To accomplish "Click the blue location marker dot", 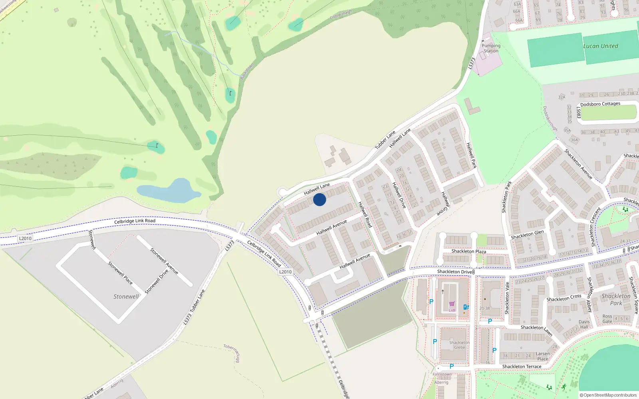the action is pyautogui.click(x=319, y=199).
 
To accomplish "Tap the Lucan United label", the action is pyautogui.click(x=600, y=46).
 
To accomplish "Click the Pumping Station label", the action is pyautogui.click(x=491, y=48).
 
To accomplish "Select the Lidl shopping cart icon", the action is pyautogui.click(x=452, y=304).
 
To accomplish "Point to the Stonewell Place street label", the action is pyautogui.click(x=120, y=273).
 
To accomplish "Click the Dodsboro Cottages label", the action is pyautogui.click(x=600, y=104).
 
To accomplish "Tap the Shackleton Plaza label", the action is pyautogui.click(x=468, y=251).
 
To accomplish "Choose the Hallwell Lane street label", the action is pyautogui.click(x=317, y=189).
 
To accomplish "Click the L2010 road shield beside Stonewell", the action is pyautogui.click(x=25, y=239).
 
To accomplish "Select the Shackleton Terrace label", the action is pyautogui.click(x=522, y=367).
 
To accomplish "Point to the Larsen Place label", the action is pyautogui.click(x=542, y=356).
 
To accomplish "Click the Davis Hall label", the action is pyautogui.click(x=584, y=324).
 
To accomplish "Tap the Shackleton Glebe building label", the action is pyautogui.click(x=459, y=345).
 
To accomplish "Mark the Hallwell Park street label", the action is pyautogui.click(x=472, y=155).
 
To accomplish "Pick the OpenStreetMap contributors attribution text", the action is pyautogui.click(x=608, y=395).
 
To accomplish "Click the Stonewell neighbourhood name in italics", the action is pyautogui.click(x=126, y=297).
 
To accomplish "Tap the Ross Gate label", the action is pyautogui.click(x=607, y=319).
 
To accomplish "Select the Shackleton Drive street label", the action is pyautogui.click(x=454, y=272).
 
